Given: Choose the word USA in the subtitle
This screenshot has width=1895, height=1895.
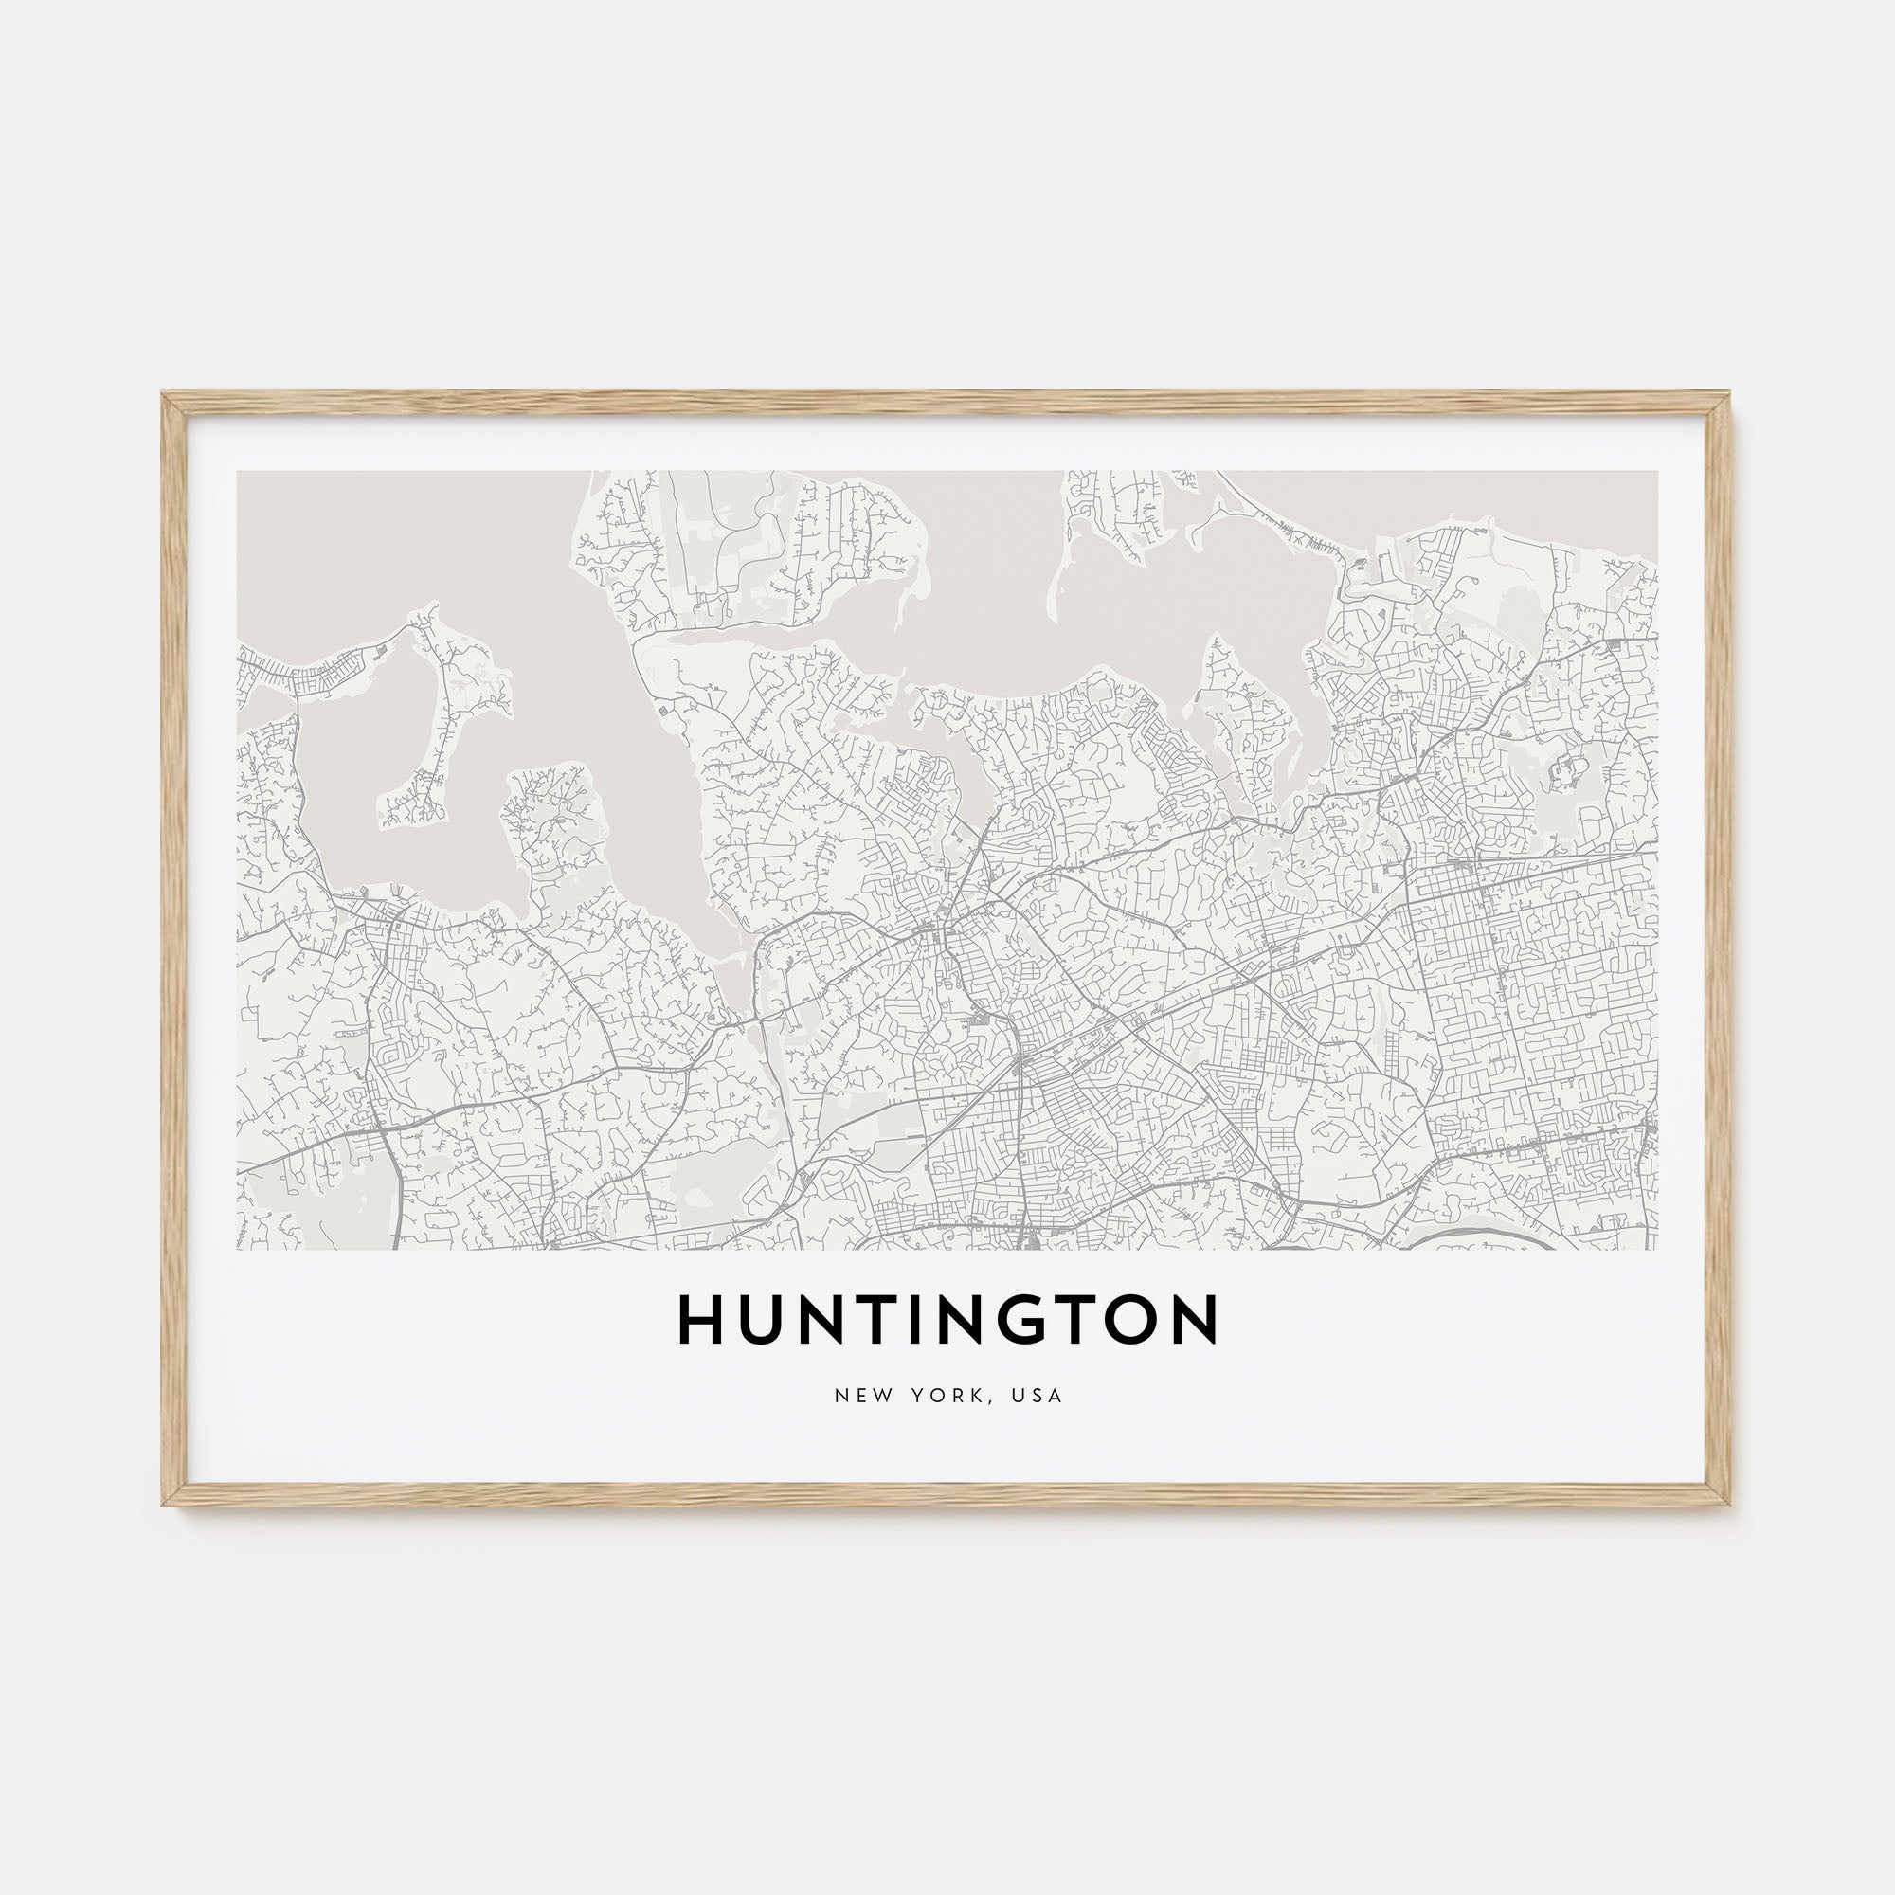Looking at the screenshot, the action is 1038,1396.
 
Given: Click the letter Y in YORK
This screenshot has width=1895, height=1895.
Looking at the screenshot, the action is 914,1396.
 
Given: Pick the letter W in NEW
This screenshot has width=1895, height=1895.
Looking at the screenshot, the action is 875,1396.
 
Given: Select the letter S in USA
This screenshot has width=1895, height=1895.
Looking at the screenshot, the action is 1038,1396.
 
